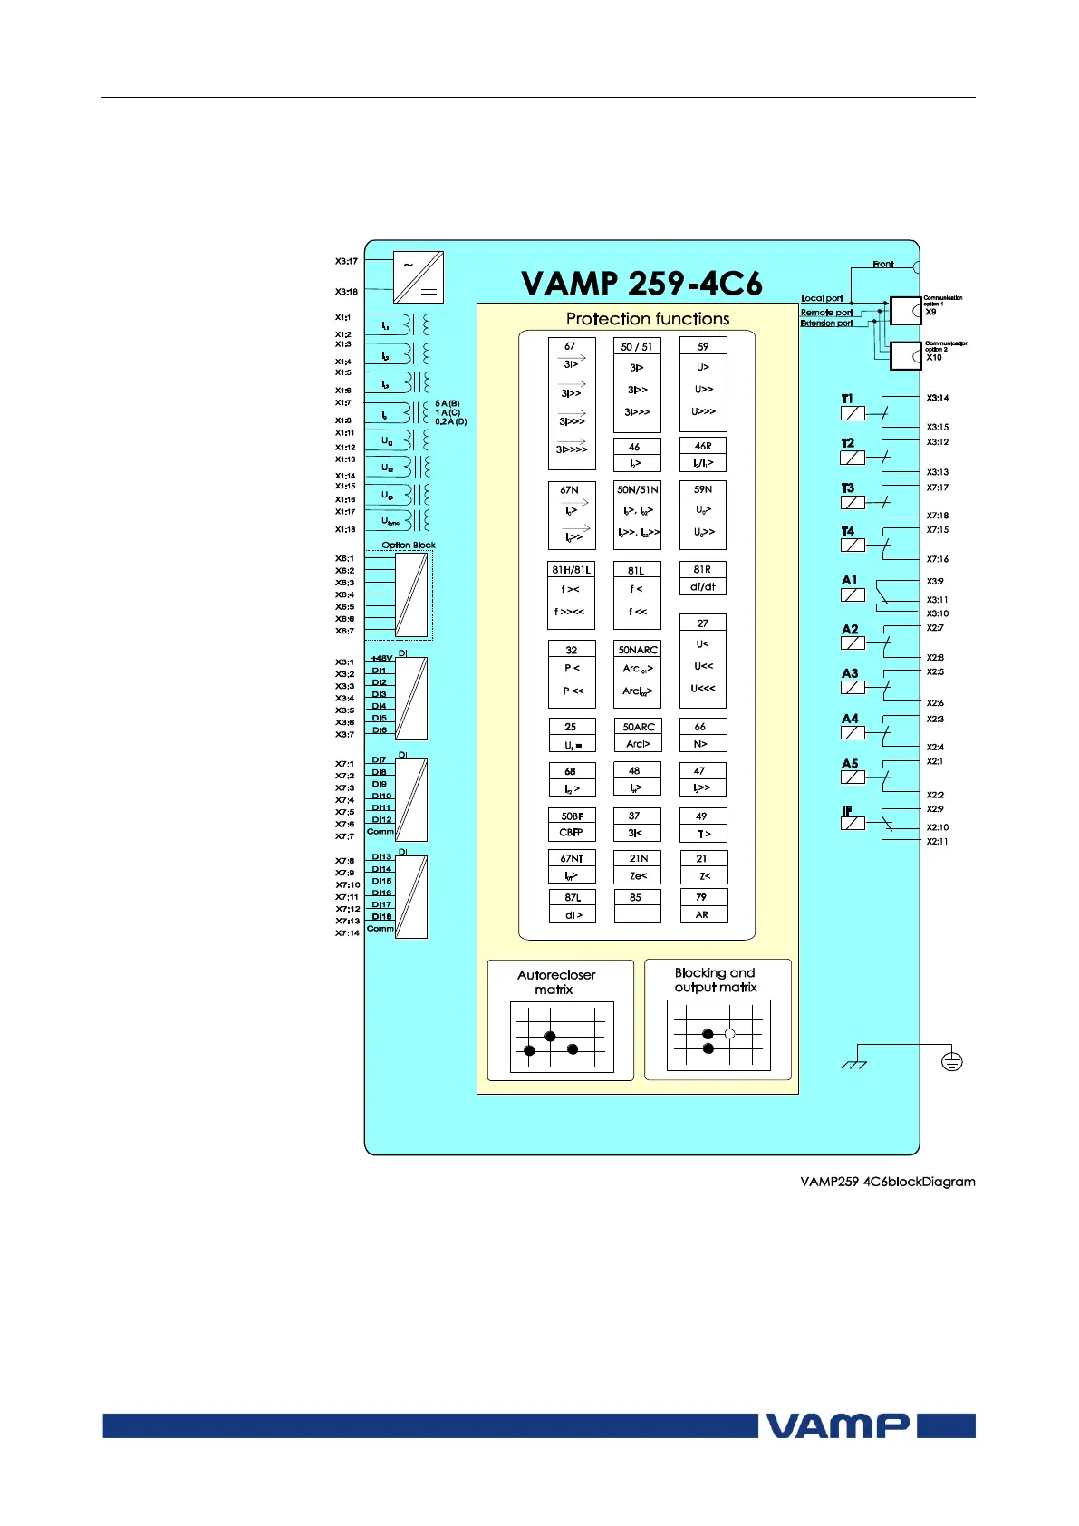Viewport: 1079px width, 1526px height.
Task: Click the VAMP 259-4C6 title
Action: point(641,284)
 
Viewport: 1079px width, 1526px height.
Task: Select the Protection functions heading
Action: point(647,319)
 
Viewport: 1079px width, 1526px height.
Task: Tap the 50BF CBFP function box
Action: point(572,825)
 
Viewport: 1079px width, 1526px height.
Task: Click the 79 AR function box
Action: point(703,906)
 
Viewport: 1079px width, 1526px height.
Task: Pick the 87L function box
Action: point(573,906)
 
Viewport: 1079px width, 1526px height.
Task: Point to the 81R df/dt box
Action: point(703,578)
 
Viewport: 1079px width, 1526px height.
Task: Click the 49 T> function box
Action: point(703,825)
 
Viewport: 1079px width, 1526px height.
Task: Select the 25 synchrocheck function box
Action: point(572,735)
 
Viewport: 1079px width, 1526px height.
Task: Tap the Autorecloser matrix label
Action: point(556,982)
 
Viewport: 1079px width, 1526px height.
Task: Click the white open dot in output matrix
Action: point(729,1034)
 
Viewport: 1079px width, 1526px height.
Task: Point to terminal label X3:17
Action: point(346,261)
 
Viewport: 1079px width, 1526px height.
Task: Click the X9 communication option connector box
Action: point(905,311)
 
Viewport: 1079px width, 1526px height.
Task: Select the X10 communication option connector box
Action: point(905,356)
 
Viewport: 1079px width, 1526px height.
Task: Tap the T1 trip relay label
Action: point(847,399)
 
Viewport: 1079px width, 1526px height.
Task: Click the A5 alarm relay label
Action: point(850,764)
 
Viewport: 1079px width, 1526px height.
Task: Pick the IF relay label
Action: point(847,811)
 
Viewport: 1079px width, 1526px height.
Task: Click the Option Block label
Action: point(409,546)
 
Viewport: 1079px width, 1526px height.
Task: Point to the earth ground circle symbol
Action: point(951,1060)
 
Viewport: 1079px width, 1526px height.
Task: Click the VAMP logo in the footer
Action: point(837,1425)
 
